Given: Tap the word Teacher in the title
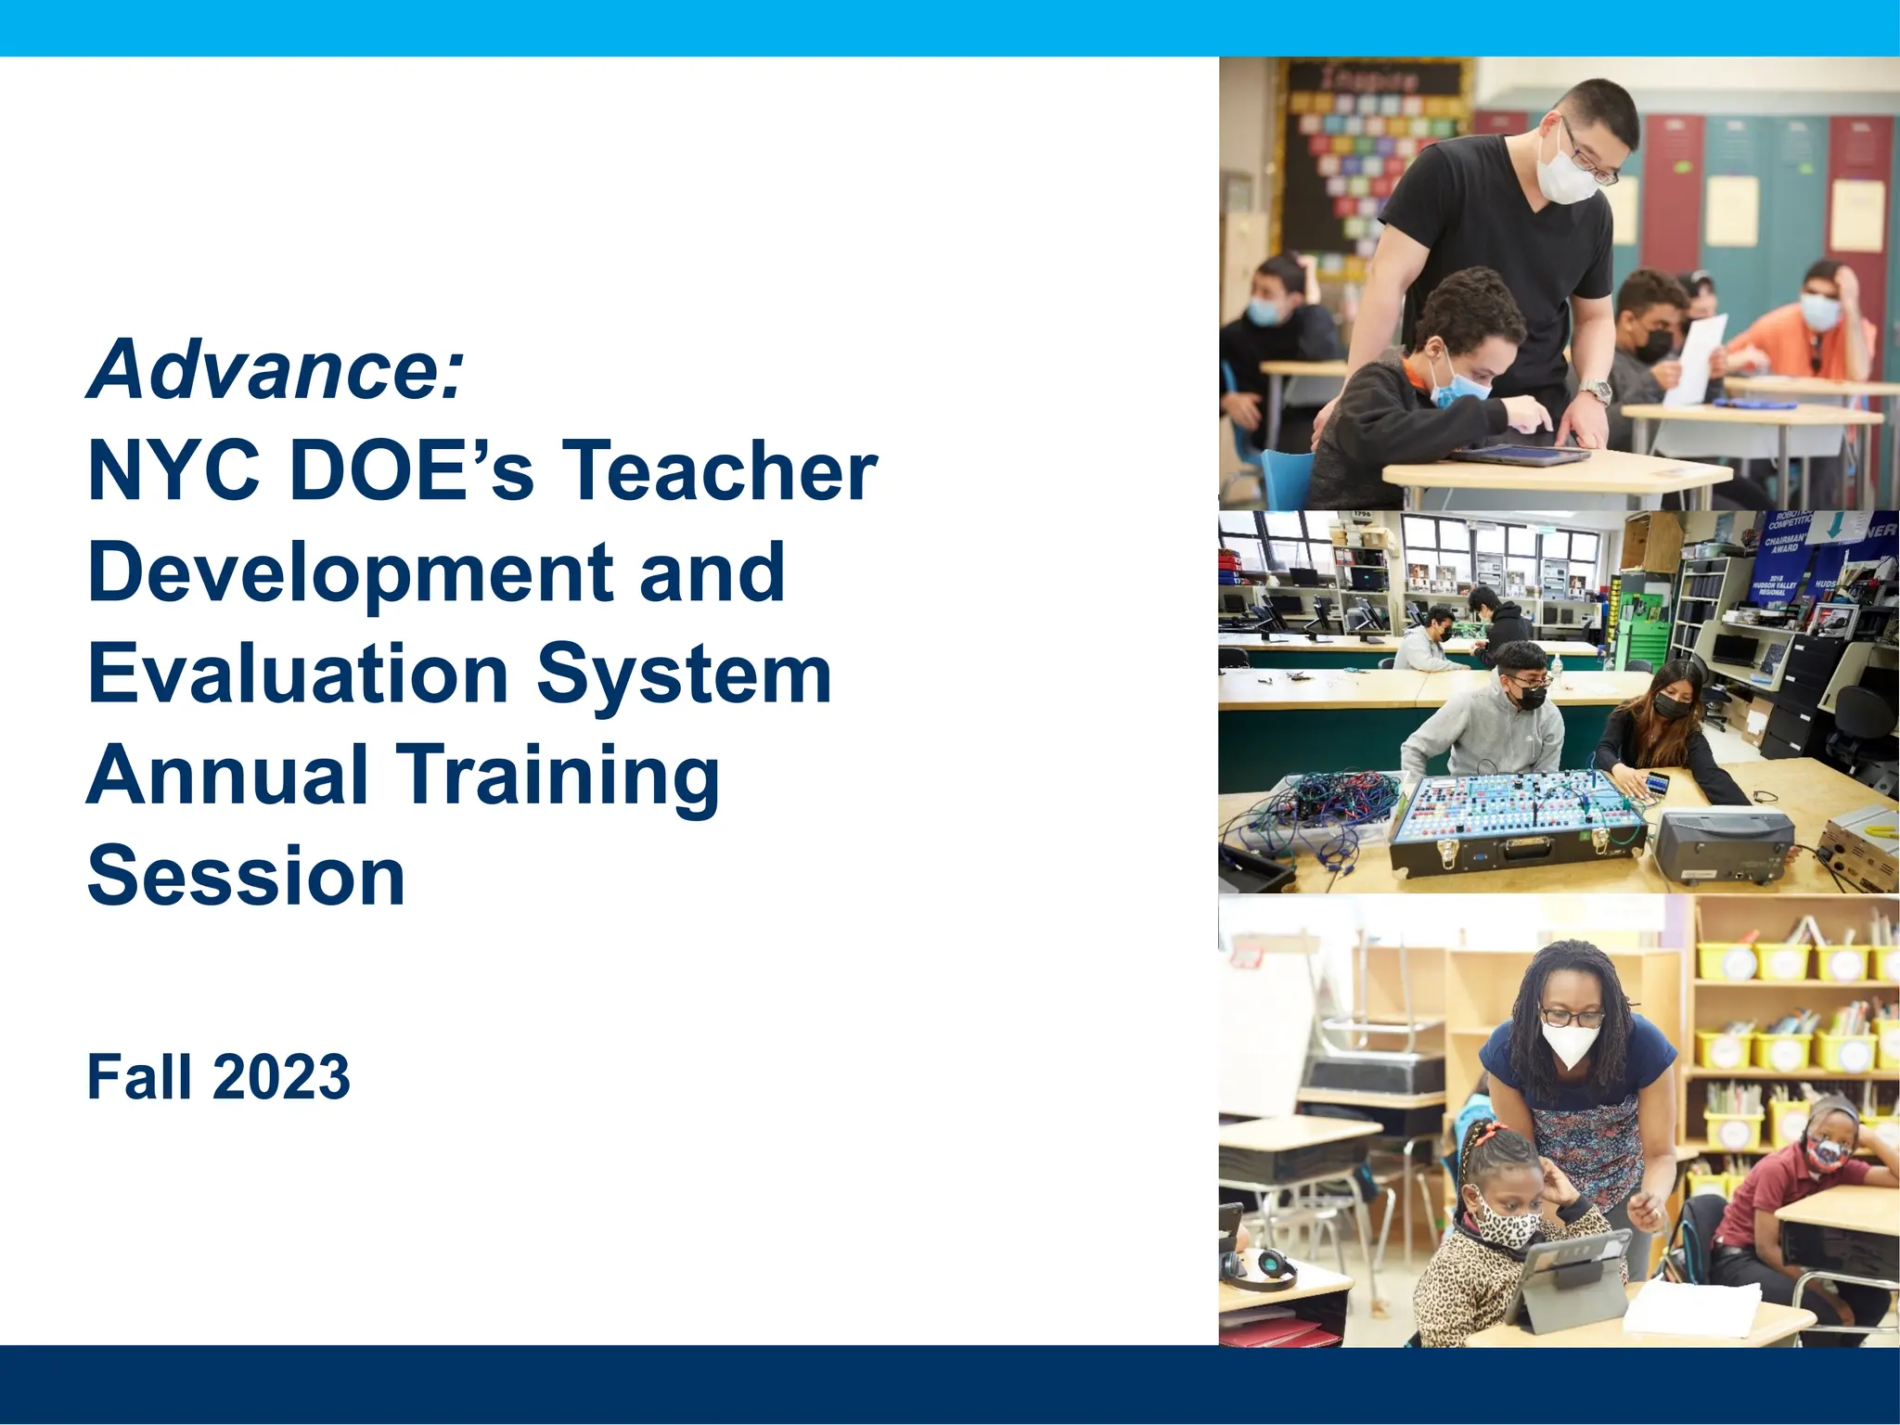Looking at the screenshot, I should pyautogui.click(x=720, y=471).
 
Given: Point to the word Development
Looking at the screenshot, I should pyautogui.click(x=349, y=572).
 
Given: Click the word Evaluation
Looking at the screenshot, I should pyautogui.click(x=298, y=674).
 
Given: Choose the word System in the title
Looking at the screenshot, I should pyautogui.click(x=685, y=674).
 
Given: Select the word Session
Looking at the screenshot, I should pyautogui.click(x=247, y=877).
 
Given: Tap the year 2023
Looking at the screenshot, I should pyautogui.click(x=282, y=1077).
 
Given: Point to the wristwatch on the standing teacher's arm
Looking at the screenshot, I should pyautogui.click(x=1596, y=392).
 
